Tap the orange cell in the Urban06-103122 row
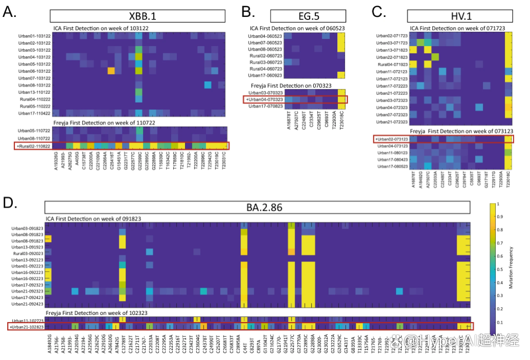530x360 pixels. (x=111, y=70)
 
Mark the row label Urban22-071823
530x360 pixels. (x=392, y=57)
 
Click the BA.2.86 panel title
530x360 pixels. (x=257, y=207)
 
